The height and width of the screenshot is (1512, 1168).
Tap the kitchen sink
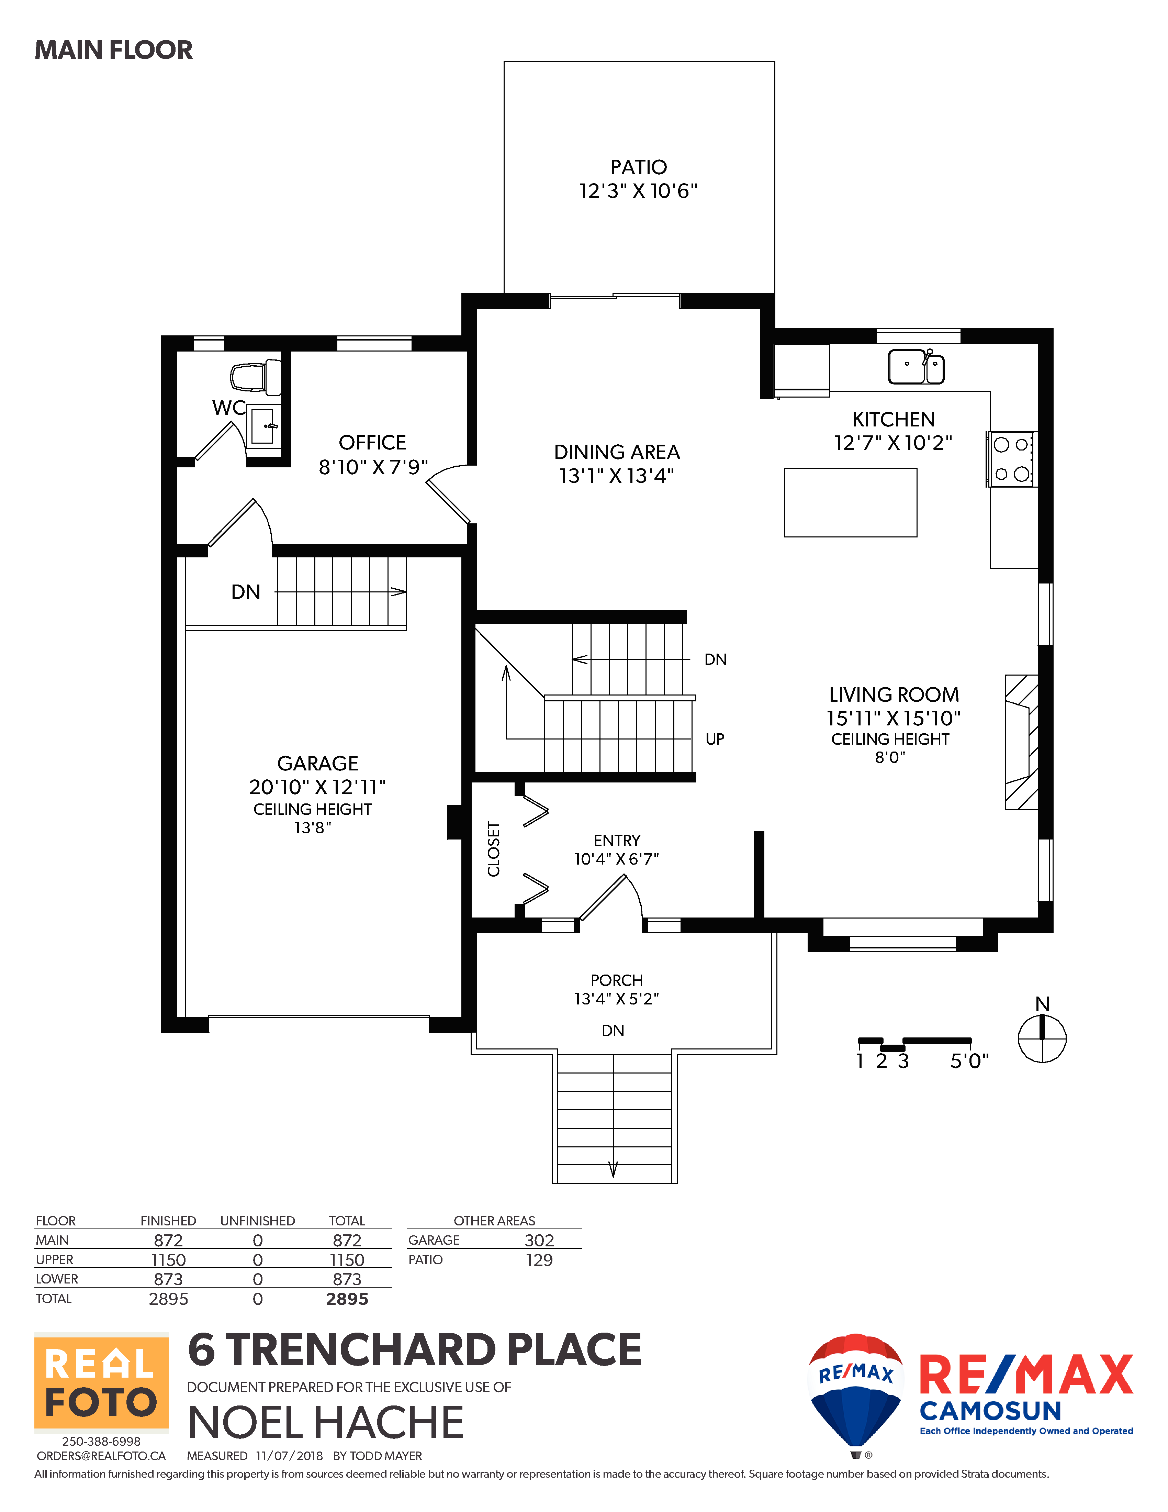coord(916,366)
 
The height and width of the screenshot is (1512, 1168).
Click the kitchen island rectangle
coord(850,503)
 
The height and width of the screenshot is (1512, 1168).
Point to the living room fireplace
coord(1021,742)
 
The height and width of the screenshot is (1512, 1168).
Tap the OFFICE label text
coord(372,442)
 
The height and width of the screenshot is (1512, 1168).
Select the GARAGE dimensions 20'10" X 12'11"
coord(318,787)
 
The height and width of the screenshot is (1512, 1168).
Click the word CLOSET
coord(493,849)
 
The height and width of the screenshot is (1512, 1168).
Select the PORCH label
coord(617,980)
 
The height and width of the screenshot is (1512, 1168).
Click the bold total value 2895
coord(347,1299)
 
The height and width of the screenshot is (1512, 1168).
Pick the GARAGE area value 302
coord(539,1240)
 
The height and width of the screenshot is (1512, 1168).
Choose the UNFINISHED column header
coord(257,1221)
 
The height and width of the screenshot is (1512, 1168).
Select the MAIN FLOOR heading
coord(113,50)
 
